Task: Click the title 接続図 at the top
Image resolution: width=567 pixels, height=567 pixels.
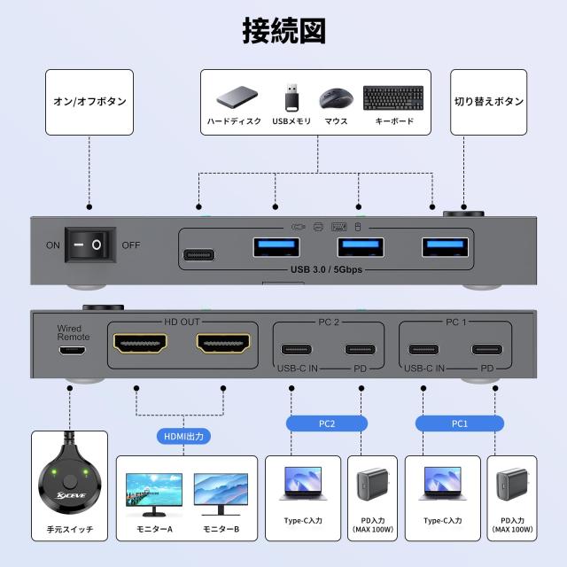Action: point(283,29)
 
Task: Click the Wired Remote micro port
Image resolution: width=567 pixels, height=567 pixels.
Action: point(74,350)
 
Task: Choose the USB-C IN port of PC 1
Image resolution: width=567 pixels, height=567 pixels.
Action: point(424,348)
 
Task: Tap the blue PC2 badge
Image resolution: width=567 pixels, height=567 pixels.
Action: point(326,423)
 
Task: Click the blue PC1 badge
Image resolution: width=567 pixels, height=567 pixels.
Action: point(459,423)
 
